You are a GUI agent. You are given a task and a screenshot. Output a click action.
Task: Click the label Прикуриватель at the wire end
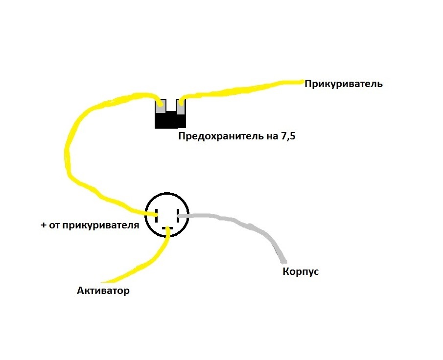click(343, 84)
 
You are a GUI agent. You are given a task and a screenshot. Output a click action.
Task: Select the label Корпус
click(301, 271)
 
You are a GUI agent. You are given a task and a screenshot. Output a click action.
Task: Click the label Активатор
click(103, 291)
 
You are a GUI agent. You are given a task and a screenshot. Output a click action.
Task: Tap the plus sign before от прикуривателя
click(44, 226)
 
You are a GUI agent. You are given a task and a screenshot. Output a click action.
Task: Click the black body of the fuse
click(170, 121)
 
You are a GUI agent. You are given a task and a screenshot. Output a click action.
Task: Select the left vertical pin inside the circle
click(157, 214)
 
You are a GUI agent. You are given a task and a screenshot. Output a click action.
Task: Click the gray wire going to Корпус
click(245, 223)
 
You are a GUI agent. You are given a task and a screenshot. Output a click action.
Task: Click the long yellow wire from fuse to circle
click(69, 157)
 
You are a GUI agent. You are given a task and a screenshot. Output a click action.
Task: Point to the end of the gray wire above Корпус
click(284, 260)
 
